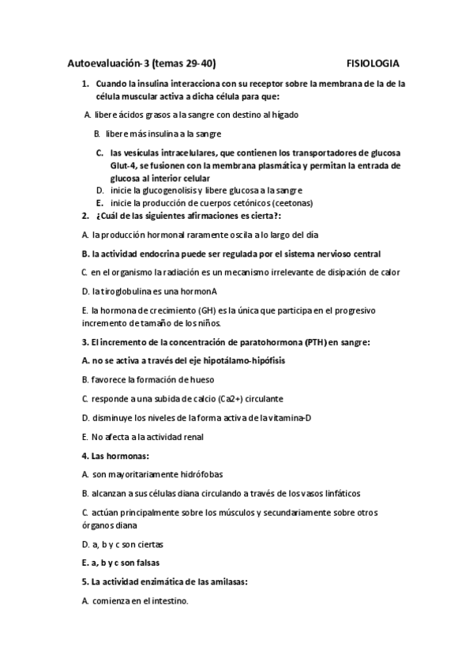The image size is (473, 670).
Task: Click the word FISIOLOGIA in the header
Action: [373, 62]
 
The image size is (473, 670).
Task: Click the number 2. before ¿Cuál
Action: [85, 216]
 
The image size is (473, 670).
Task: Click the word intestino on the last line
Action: [169, 600]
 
